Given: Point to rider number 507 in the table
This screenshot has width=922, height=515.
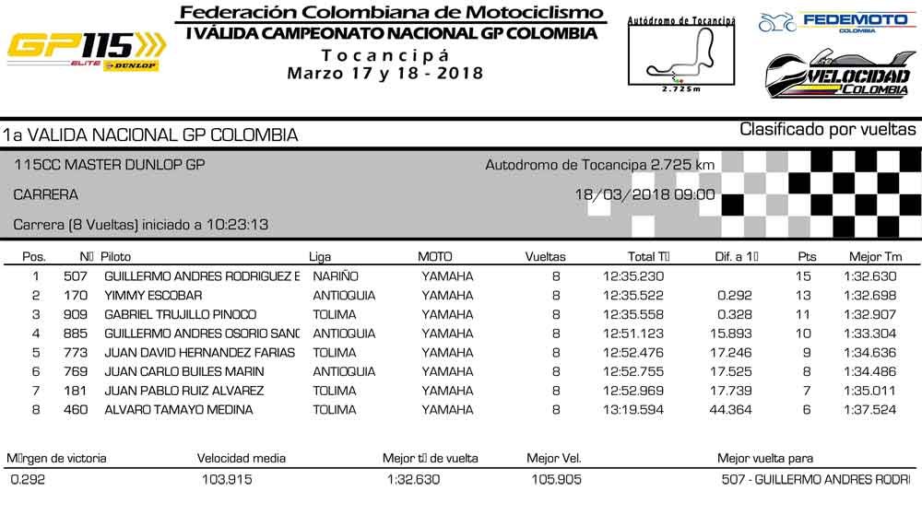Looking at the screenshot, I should [x=75, y=276].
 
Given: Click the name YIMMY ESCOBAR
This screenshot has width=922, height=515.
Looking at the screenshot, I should [x=152, y=296].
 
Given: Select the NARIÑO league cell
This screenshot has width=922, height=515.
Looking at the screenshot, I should [x=336, y=276].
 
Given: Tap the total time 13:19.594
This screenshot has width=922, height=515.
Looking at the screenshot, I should [x=633, y=410].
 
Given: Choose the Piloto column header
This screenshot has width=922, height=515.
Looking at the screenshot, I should [x=116, y=257].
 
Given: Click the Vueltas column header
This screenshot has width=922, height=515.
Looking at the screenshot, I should [x=545, y=257].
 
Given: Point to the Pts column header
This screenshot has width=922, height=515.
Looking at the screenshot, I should [x=806, y=257].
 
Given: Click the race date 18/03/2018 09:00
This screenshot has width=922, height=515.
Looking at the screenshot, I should [x=644, y=194].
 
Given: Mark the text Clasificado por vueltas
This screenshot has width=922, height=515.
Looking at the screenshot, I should [x=828, y=130].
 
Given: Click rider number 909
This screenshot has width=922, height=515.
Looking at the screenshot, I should [x=75, y=314].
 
